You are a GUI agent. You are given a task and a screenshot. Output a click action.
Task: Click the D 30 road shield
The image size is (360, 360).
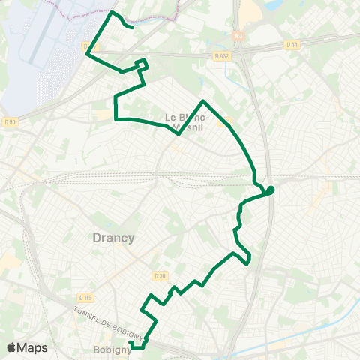click(x=159, y=276)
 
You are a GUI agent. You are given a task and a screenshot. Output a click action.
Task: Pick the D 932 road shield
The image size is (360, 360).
click(x=220, y=55)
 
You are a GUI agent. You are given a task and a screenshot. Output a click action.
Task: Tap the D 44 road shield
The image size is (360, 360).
click(x=292, y=46)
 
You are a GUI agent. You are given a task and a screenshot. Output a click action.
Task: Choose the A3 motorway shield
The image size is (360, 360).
click(x=238, y=35)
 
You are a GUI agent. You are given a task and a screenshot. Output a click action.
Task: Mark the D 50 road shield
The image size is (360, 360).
click(x=9, y=122)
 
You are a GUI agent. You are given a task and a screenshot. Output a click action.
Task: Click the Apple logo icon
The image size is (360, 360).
click(x=13, y=347)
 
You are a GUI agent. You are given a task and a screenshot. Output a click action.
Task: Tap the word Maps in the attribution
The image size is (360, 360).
click(x=33, y=347)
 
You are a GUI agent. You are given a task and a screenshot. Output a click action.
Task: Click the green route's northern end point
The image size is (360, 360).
click(x=133, y=28)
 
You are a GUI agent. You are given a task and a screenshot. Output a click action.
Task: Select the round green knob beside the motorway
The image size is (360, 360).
click(x=271, y=190)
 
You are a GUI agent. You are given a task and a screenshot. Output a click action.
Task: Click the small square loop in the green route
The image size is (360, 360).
click(x=140, y=64)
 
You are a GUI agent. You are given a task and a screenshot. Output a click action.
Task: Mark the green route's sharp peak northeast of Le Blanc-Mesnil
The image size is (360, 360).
click(x=203, y=100)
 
